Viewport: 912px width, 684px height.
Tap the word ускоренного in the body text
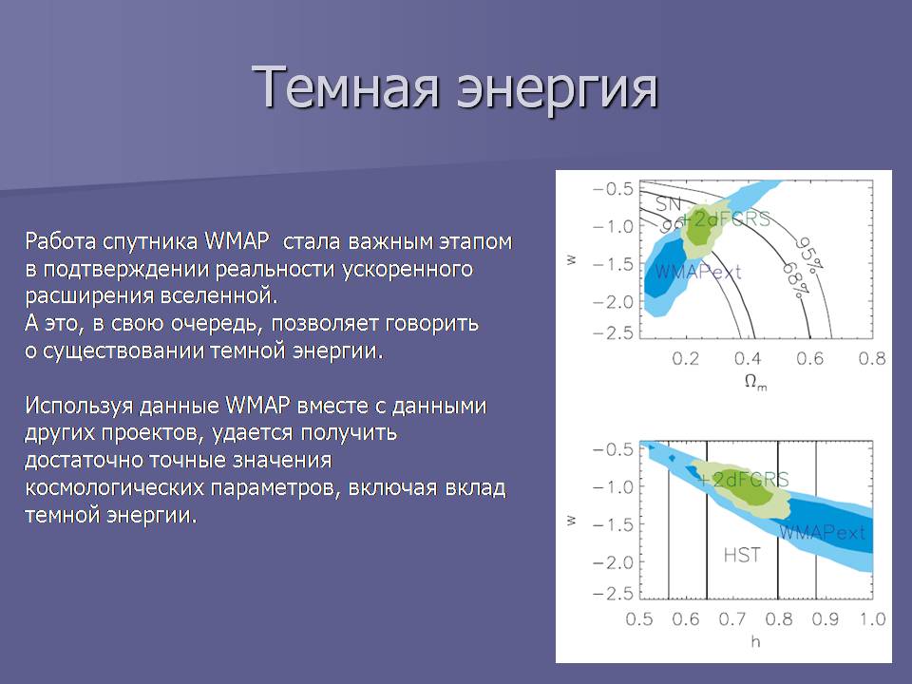tap(408, 270)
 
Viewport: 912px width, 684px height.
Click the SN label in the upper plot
tap(668, 203)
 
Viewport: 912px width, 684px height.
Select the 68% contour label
tap(795, 280)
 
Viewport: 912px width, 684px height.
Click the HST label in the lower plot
tap(742, 555)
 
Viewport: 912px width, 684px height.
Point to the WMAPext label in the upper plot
tap(697, 272)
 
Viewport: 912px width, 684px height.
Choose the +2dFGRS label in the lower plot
tap(743, 479)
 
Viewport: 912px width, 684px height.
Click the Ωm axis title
tap(755, 383)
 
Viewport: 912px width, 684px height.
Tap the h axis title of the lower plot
tap(755, 641)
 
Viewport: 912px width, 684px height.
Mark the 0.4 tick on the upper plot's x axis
tap(748, 359)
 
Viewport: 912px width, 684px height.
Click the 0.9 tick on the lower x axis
tap(826, 618)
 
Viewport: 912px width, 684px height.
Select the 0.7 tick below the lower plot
tap(732, 618)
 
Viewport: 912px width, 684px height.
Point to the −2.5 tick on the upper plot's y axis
tap(613, 332)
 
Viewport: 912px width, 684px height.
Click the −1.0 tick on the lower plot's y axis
tap(613, 486)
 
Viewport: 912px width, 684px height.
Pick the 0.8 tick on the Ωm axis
tap(872, 359)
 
